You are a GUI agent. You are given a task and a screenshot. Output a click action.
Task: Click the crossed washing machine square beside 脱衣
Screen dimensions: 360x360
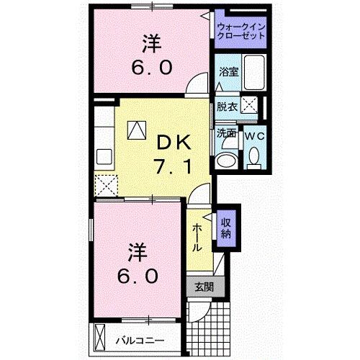(x=251, y=105)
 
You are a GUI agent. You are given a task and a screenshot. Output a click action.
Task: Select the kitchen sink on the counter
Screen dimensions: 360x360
(x=103, y=155)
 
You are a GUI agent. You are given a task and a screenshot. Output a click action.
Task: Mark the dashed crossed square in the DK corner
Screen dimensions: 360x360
(x=107, y=186)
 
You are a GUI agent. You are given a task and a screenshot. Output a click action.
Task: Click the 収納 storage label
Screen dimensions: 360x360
(x=226, y=227)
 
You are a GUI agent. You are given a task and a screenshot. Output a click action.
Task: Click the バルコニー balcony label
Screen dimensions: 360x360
(x=140, y=338)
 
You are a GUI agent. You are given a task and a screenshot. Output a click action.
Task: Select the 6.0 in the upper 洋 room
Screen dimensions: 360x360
(x=151, y=68)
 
